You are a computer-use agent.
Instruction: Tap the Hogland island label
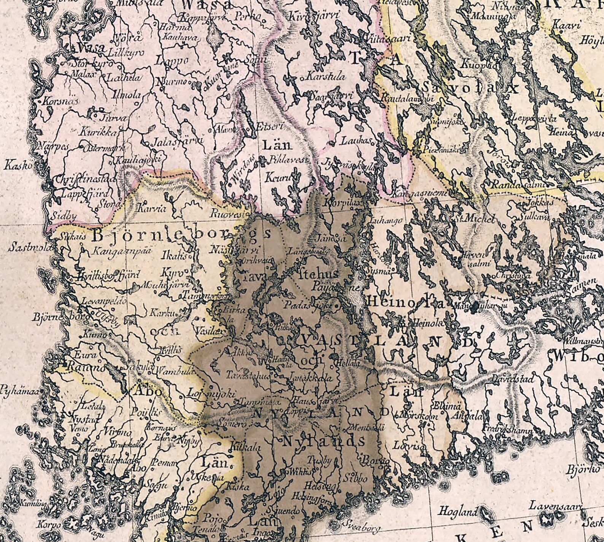457,512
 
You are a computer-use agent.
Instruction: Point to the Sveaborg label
361,527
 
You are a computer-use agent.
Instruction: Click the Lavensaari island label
556,506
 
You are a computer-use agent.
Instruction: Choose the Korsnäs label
60,101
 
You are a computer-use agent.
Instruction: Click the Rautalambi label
407,98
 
